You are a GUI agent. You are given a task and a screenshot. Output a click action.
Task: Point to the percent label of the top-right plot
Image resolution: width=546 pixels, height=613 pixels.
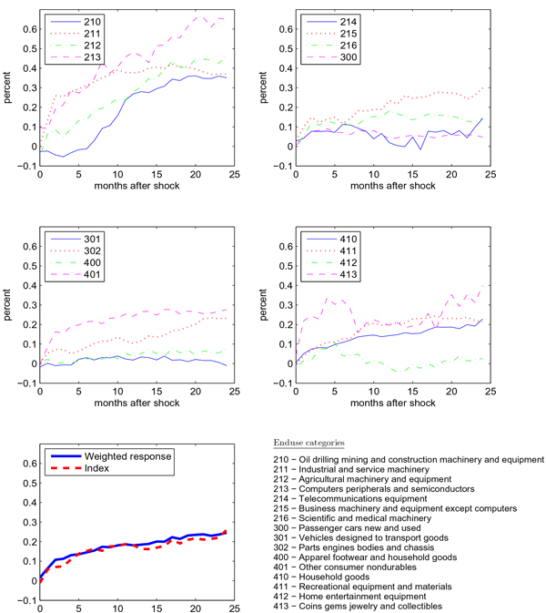point(265,88)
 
